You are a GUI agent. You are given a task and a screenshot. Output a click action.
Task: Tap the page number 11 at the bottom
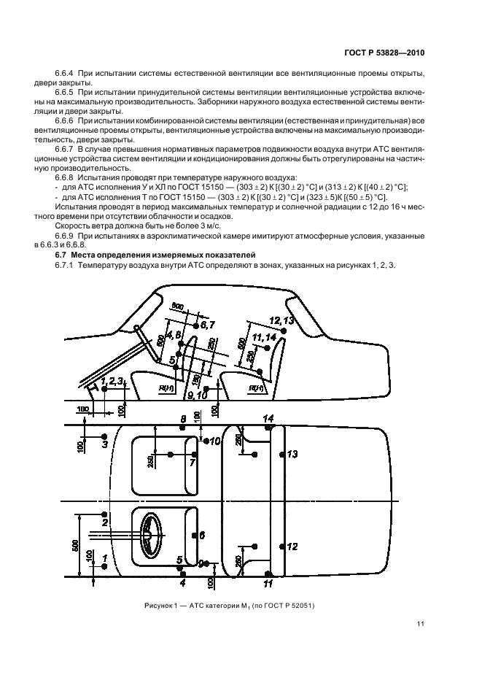pyautogui.click(x=421, y=623)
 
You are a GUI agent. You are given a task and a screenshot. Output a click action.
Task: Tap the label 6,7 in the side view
pyautogui.click(x=207, y=323)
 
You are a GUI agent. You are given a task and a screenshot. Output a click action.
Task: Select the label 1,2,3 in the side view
pyautogui.click(x=113, y=380)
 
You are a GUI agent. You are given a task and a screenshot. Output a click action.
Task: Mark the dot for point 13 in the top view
pyautogui.click(x=283, y=455)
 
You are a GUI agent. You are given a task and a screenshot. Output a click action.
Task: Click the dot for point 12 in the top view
pyautogui.click(x=283, y=546)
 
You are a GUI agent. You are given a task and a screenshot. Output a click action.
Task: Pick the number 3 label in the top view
pyautogui.click(x=104, y=444)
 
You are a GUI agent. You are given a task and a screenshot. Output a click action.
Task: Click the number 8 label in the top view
pyautogui.click(x=184, y=418)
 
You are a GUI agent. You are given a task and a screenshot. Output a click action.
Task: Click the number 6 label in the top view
pyautogui.click(x=203, y=535)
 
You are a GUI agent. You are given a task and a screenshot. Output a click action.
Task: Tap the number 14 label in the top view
pyautogui.click(x=268, y=418)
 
